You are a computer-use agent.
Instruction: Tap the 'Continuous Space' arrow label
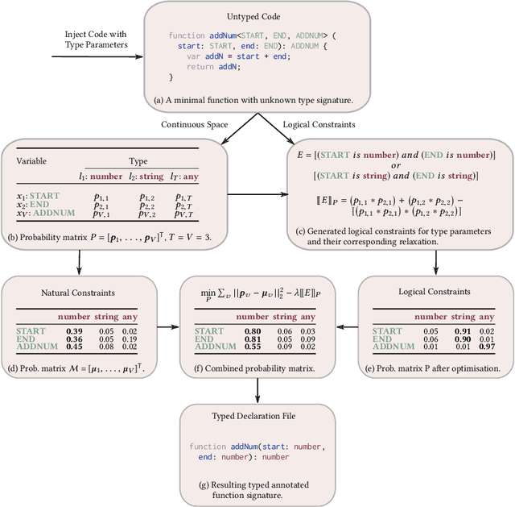[x=194, y=124]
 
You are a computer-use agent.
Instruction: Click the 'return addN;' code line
[x=213, y=67]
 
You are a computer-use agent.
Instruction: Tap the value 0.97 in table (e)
[x=486, y=347]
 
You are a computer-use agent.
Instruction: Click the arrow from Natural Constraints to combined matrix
[x=167, y=327]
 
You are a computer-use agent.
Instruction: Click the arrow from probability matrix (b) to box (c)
[x=273, y=194]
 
